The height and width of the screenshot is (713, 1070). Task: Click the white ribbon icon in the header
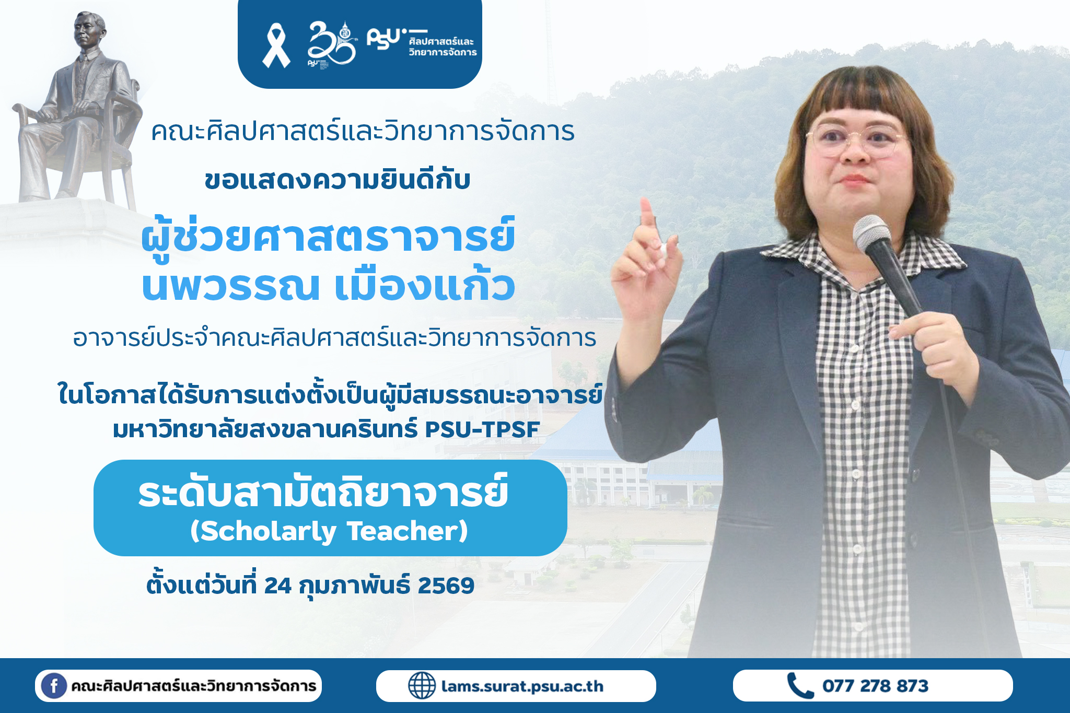click(276, 45)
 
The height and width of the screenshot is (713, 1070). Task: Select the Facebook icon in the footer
click(54, 686)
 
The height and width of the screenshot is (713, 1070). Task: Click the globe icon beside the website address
click(422, 686)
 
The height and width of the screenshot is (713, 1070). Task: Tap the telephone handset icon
click(800, 686)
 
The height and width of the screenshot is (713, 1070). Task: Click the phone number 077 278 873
click(875, 686)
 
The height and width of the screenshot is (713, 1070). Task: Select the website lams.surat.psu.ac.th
click(522, 686)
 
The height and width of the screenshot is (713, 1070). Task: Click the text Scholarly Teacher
click(329, 531)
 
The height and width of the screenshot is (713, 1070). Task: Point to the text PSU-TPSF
click(482, 429)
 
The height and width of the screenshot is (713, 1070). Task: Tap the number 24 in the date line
click(277, 586)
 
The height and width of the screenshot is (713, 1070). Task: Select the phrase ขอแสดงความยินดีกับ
click(338, 180)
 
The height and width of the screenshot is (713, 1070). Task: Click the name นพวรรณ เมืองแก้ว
click(329, 286)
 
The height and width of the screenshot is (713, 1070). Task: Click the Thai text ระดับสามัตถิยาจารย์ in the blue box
click(323, 490)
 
